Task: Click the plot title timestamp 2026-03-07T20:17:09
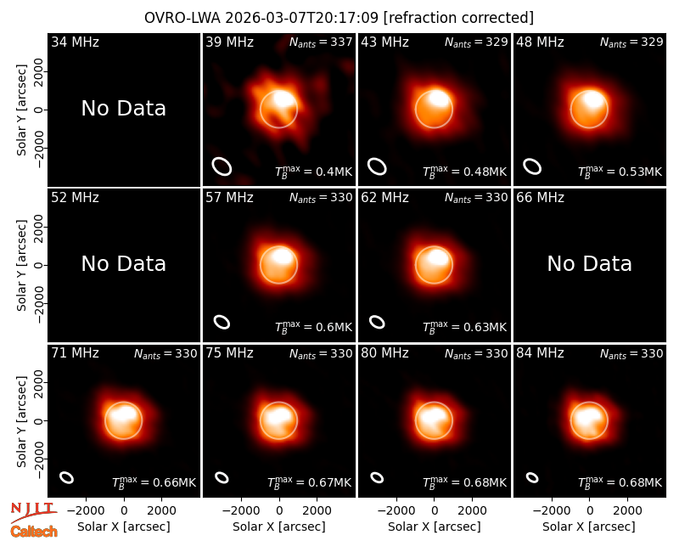[302, 18]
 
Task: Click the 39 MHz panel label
[229, 42]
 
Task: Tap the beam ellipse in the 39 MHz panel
[222, 166]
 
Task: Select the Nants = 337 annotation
[321, 42]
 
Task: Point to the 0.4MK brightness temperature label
[314, 172]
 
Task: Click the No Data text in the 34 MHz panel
[124, 109]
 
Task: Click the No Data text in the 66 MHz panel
[590, 263]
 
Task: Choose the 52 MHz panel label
[75, 198]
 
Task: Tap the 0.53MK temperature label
[620, 172]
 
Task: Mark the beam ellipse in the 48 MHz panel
[532, 166]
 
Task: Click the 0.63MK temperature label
[464, 327]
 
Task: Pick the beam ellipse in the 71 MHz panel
[67, 477]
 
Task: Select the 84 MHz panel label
[540, 353]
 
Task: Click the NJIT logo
[33, 511]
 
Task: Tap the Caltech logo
[34, 532]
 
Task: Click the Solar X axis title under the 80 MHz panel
[435, 527]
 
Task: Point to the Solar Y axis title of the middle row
[22, 265]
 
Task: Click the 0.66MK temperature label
[154, 482]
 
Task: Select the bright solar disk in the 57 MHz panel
[279, 265]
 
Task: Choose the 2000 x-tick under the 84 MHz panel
[627, 511]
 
